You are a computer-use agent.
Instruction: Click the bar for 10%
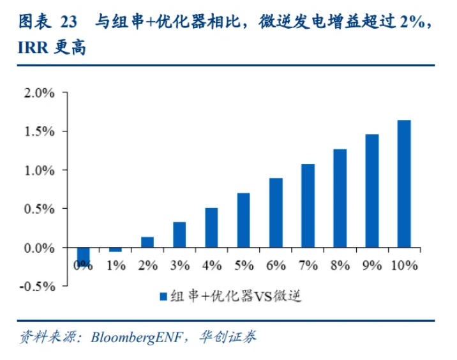point(403,183)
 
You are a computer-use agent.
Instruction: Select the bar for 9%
point(371,190)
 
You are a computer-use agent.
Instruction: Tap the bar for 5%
point(243,220)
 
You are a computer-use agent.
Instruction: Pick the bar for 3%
point(179,234)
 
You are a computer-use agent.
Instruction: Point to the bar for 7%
point(308,206)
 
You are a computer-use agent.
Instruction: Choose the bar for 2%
point(147,242)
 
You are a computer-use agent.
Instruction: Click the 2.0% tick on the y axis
point(39,93)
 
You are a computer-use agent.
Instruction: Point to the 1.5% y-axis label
point(39,131)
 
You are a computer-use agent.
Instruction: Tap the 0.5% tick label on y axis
point(39,209)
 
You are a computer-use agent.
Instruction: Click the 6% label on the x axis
point(275,266)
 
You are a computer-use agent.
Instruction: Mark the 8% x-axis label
point(340,266)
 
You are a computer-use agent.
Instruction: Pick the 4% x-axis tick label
point(211,266)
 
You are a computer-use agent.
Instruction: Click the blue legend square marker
point(163,296)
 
